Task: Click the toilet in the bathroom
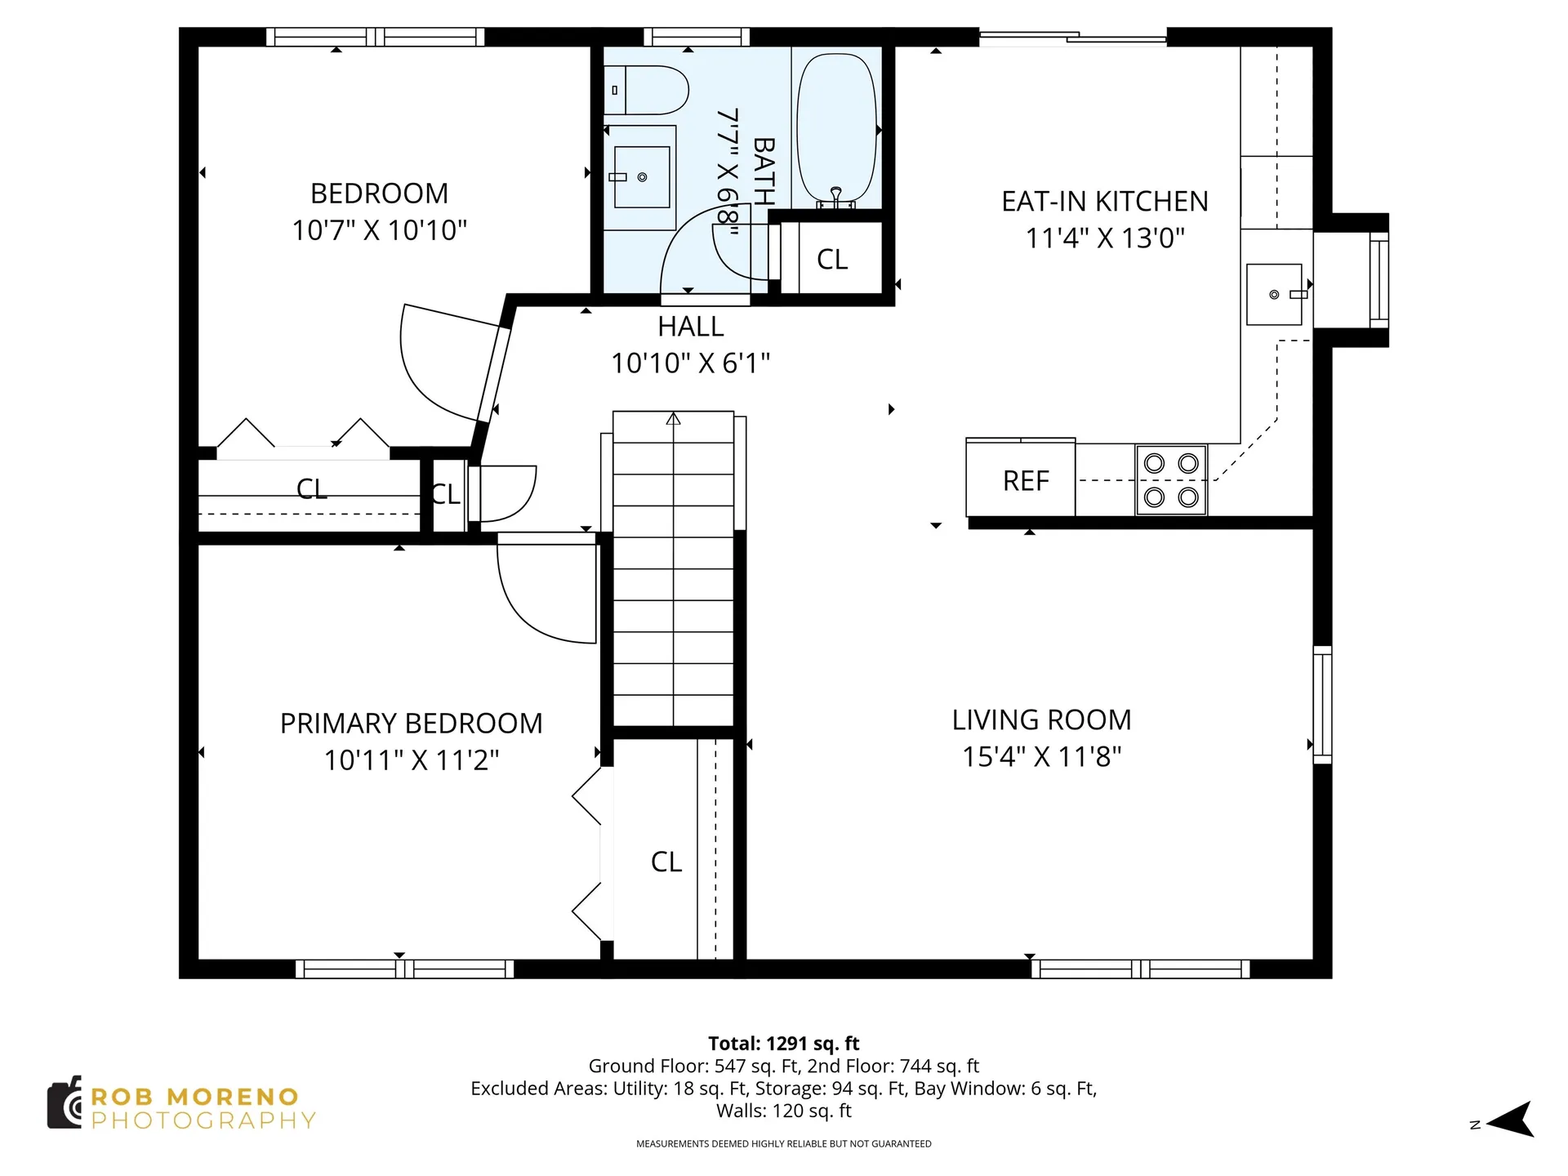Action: coord(646,90)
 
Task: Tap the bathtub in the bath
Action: coord(836,130)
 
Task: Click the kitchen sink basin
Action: coord(1274,294)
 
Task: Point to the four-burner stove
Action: coord(1171,480)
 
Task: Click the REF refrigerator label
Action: coord(1026,481)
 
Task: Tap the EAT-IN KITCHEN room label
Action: coord(1105,201)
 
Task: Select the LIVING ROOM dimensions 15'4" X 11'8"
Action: coord(1042,757)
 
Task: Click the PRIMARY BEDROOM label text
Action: coord(412,724)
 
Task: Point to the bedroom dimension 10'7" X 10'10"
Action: coord(380,230)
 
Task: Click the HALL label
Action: coord(691,327)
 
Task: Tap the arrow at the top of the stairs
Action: coord(673,419)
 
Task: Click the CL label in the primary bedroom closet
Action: coord(666,862)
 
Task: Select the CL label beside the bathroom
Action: coord(832,260)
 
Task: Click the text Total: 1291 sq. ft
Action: coord(784,1043)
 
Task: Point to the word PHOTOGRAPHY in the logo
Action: coord(203,1120)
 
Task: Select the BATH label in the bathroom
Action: coord(764,171)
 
